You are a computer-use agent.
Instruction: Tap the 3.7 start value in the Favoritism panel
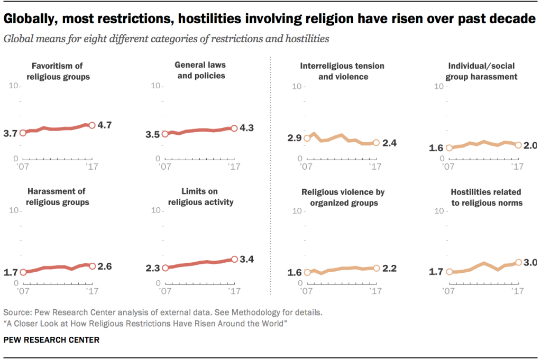10,134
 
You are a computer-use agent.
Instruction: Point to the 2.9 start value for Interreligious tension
294,139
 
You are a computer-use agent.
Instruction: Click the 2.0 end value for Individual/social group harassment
531,146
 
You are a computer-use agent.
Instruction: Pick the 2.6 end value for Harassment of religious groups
105,266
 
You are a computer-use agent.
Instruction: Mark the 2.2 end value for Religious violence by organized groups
389,269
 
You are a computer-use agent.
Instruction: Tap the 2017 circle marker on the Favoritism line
91,125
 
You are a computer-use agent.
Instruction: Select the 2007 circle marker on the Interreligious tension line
306,139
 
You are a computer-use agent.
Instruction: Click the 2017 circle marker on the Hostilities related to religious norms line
518,262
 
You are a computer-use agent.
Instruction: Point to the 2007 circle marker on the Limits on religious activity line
164,268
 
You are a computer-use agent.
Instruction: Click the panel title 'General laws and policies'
200,70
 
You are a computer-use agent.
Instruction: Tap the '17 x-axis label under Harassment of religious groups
91,291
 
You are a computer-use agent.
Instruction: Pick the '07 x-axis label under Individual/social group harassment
448,166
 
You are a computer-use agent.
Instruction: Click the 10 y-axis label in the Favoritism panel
13,86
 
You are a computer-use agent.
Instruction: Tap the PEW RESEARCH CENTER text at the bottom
51,340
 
